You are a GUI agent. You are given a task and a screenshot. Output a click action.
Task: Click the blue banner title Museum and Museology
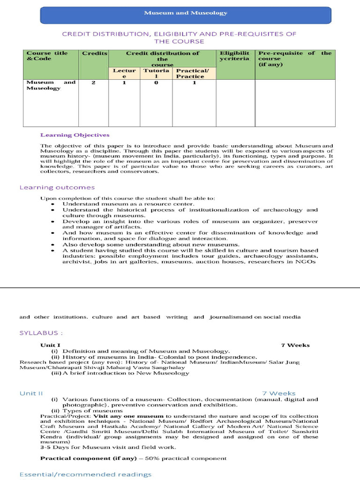coord(185,13)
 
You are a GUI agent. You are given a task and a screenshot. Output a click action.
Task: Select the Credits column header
coord(95,53)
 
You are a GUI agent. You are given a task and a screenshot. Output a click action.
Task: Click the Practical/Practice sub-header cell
coord(190,74)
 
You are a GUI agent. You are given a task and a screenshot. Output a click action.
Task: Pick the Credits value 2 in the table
coord(94,82)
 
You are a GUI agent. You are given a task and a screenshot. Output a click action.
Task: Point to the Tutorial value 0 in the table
coord(156,82)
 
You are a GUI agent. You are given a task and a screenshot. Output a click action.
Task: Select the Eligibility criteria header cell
coord(235,56)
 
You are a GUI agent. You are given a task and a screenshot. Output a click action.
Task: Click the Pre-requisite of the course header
coord(295,59)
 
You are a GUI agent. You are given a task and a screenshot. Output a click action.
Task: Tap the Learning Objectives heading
coord(75,135)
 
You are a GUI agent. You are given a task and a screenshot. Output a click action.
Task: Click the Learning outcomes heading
coord(57,187)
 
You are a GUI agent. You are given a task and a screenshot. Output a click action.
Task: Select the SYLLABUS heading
coord(41,333)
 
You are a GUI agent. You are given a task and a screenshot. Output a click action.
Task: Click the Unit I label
coord(50,345)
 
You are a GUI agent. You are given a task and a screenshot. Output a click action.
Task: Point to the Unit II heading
coord(31,393)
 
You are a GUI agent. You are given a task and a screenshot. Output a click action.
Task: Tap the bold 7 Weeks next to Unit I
coord(295,345)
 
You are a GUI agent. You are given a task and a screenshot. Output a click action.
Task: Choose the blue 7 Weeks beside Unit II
coord(278,393)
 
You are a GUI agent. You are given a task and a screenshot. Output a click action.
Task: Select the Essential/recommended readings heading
coord(85,474)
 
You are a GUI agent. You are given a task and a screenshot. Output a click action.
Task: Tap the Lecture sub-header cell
coord(124,74)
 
